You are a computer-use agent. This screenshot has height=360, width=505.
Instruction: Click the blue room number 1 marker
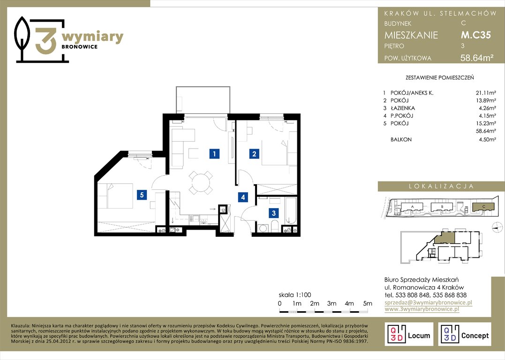(x=214, y=154)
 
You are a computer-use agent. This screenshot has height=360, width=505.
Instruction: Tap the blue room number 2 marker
(x=254, y=154)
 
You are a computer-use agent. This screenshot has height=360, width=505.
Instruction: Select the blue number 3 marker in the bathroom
(x=274, y=213)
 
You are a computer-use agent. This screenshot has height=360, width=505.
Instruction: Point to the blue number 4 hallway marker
(x=243, y=197)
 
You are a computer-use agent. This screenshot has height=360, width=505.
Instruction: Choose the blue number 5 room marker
(x=142, y=195)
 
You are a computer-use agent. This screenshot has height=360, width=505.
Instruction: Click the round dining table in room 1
(x=200, y=182)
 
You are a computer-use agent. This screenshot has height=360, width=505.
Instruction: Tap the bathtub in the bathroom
(x=291, y=210)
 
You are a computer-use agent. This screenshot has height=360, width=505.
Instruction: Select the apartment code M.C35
(x=475, y=35)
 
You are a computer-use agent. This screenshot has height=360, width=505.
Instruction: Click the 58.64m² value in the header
(x=477, y=58)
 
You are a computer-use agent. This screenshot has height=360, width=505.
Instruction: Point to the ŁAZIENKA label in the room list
(x=403, y=108)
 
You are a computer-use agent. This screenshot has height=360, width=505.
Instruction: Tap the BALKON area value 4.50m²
(x=487, y=139)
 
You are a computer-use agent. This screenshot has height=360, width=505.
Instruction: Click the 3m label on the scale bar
(x=332, y=303)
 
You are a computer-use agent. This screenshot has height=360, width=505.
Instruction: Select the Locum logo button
(x=409, y=334)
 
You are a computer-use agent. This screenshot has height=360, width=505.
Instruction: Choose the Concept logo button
(x=464, y=334)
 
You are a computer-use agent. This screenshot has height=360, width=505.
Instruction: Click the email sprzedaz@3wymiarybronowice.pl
(x=429, y=302)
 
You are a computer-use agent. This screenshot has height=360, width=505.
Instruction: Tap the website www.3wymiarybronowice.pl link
(x=422, y=309)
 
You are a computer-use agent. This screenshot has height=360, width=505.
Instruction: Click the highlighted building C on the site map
(x=483, y=207)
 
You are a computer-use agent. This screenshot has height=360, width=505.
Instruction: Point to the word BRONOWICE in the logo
(x=80, y=47)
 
